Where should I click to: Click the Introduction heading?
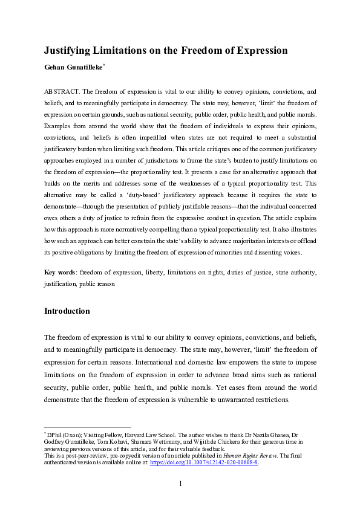coord(67,311)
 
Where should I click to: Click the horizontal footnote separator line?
coord(88,428)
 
